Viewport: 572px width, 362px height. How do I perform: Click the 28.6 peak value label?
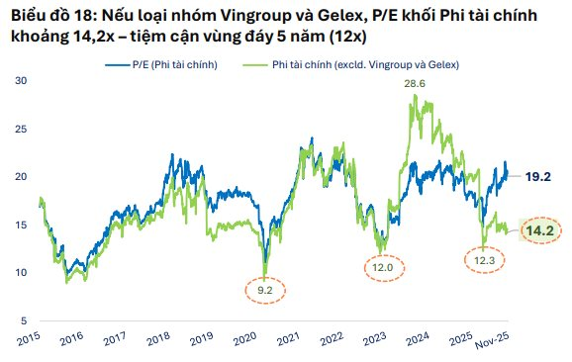[414, 85]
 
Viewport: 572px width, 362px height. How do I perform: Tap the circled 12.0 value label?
[383, 266]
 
